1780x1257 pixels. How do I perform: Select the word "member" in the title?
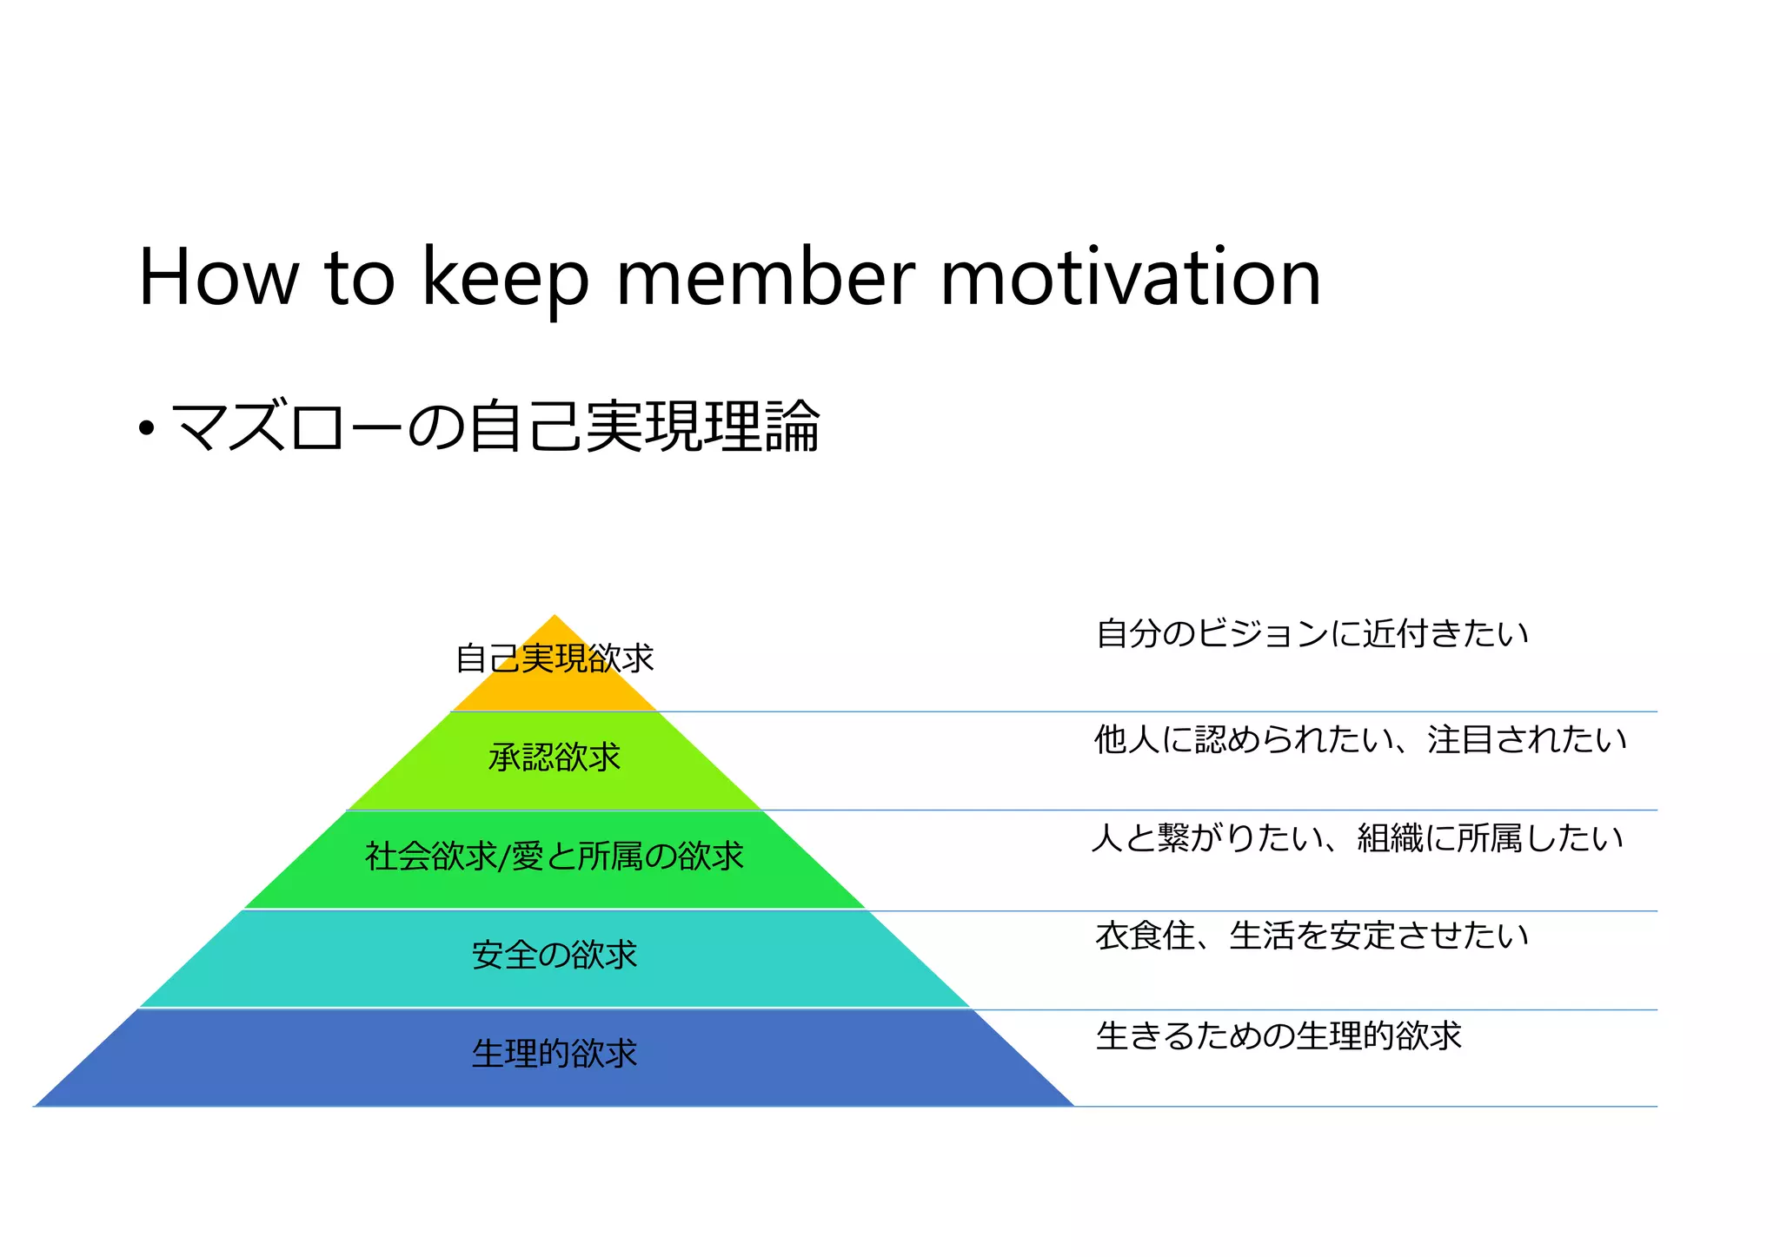tap(766, 278)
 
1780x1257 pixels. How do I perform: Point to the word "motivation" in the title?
tap(1130, 278)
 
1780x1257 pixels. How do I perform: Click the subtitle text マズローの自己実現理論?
tap(495, 427)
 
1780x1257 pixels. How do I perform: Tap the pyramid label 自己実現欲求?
tap(555, 658)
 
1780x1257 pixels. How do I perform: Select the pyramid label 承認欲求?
tap(555, 758)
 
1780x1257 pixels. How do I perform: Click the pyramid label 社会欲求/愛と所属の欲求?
tap(555, 857)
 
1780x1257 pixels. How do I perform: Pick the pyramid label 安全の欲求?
tap(555, 956)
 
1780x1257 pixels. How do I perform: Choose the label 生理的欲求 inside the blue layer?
tap(555, 1054)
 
